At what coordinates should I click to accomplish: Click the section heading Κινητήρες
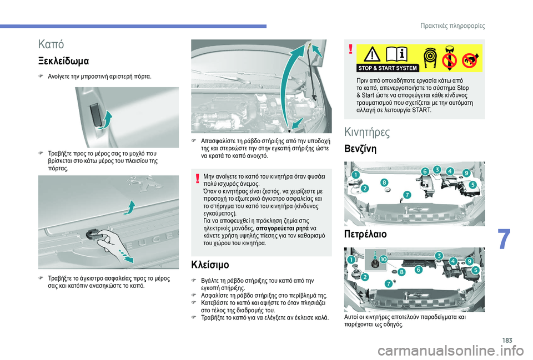click(x=367, y=131)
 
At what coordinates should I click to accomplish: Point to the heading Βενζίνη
click(x=361, y=149)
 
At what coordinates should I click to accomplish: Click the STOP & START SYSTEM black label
click(x=388, y=68)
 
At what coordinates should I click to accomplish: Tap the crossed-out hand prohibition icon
click(x=471, y=55)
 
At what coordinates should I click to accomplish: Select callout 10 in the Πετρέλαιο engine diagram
click(x=383, y=260)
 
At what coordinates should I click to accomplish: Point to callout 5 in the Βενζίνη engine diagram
click(x=473, y=184)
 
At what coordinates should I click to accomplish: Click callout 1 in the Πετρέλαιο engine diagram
click(x=351, y=260)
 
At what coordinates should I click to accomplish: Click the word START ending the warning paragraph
click(x=421, y=110)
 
